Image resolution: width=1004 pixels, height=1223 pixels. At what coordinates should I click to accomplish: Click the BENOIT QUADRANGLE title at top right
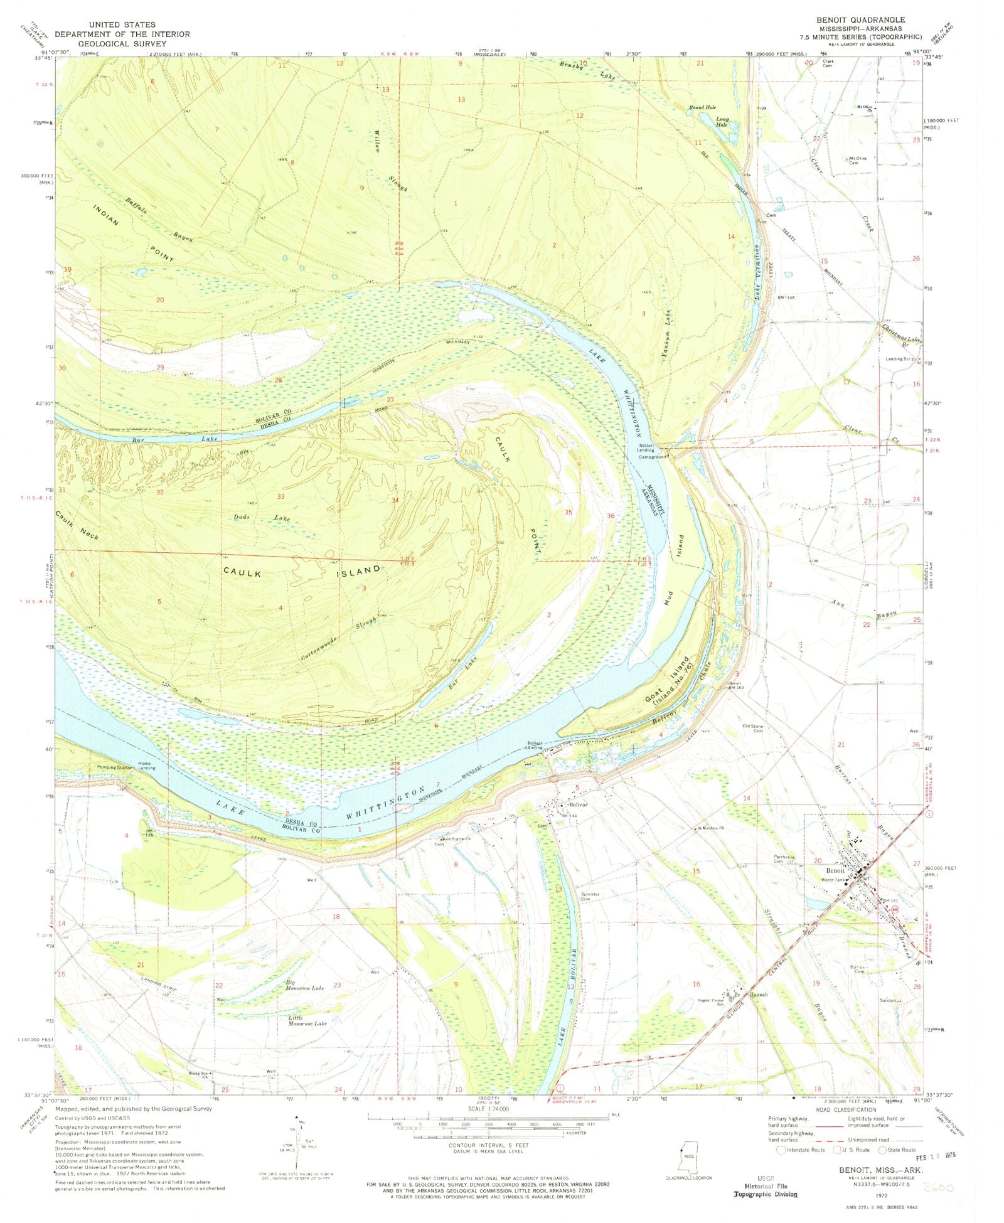860,20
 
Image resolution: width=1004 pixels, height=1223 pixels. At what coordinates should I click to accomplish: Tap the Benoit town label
835,870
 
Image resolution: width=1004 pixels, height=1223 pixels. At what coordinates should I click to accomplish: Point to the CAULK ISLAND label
302,572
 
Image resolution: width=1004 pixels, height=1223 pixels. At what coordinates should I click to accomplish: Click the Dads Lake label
263,518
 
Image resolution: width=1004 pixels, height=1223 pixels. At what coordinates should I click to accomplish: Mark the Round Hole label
702,107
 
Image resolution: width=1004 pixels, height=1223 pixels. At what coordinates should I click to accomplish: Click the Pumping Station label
115,767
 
